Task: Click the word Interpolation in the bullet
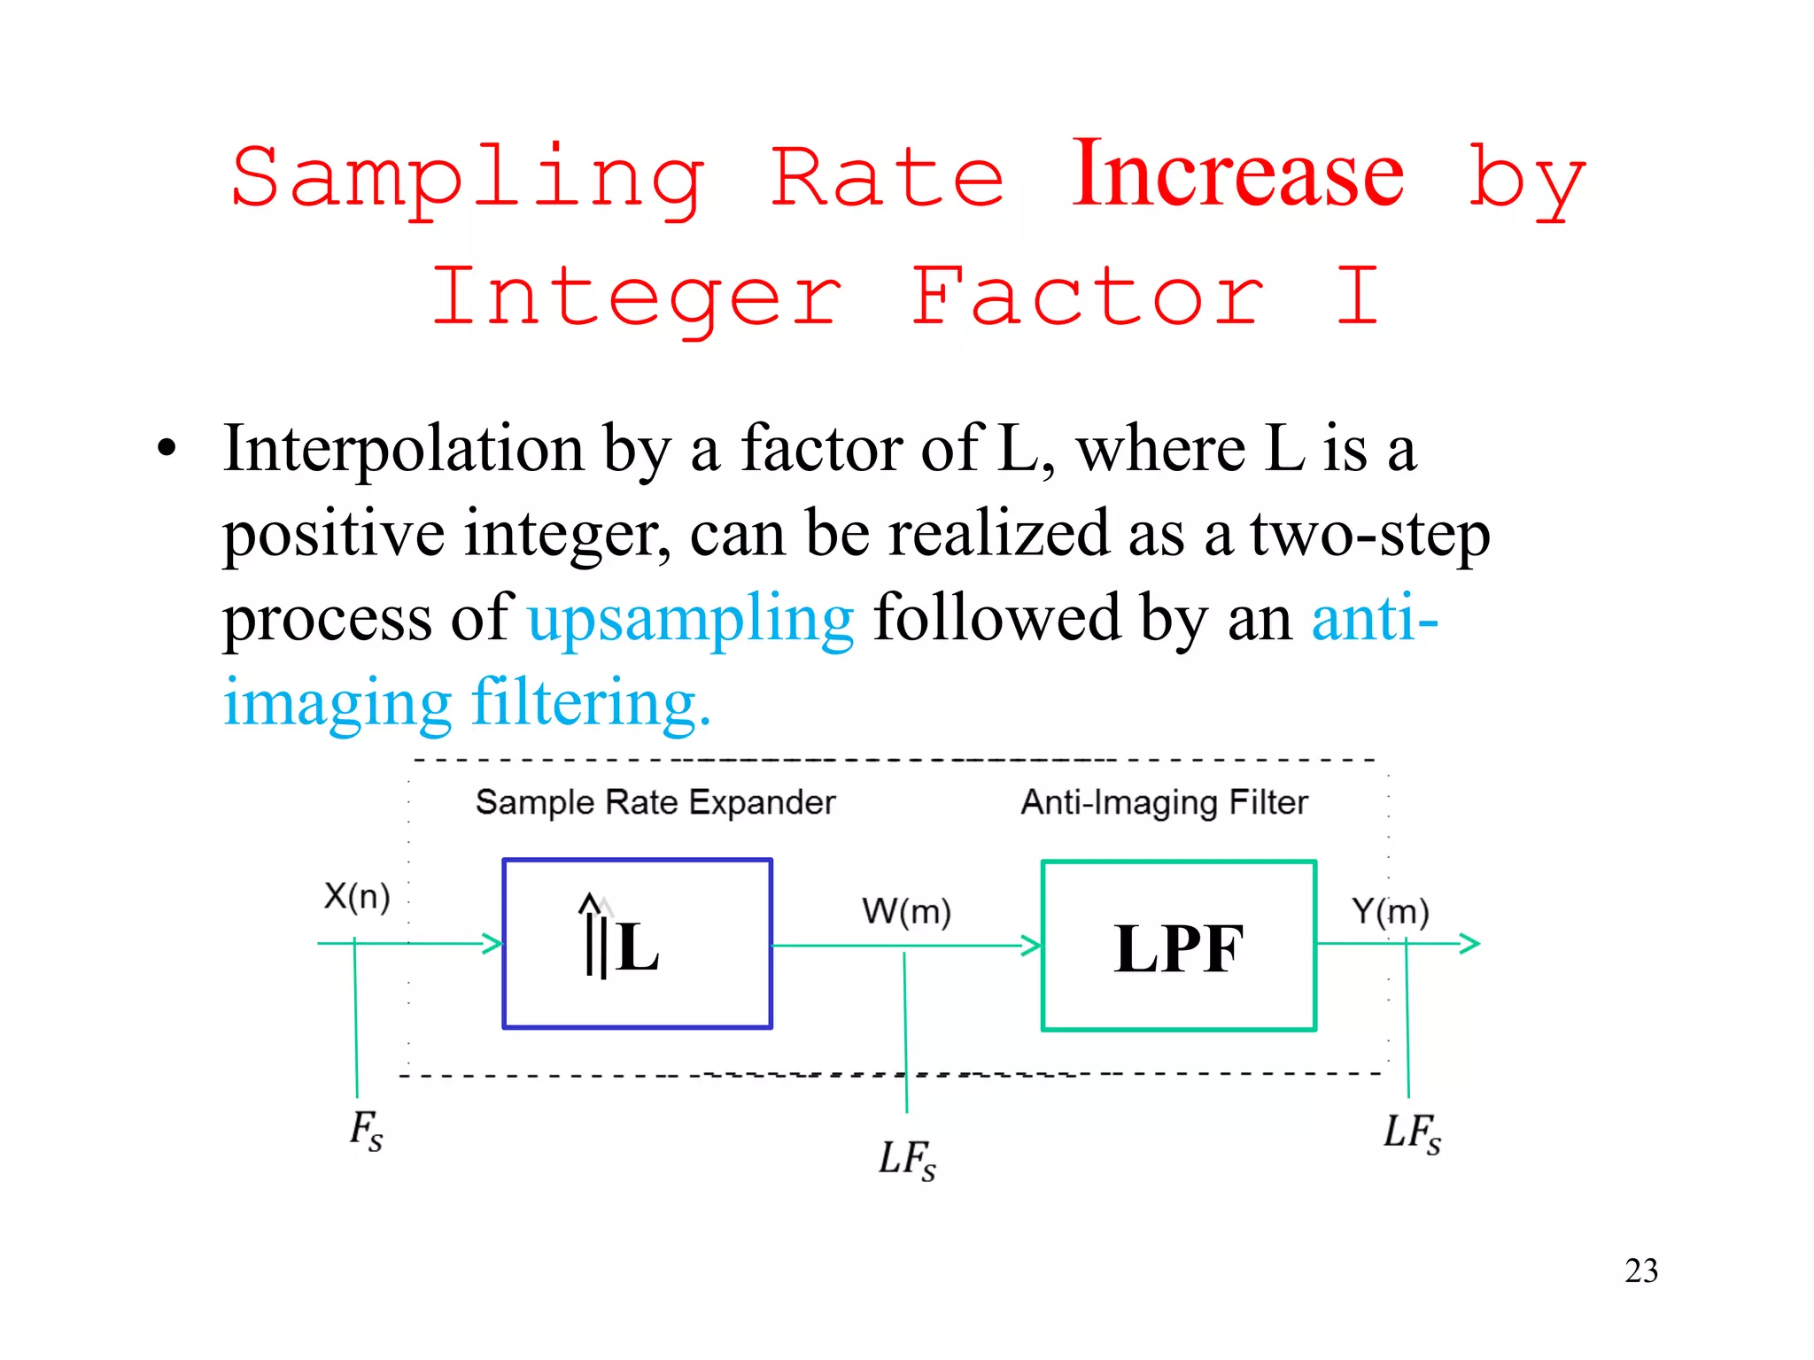coord(403,449)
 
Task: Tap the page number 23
coord(1640,1271)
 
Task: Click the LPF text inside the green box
coord(1178,948)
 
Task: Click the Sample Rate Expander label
coord(655,802)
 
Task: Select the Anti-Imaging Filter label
coord(1164,802)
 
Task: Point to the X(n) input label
coord(357,896)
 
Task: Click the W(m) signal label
coord(906,911)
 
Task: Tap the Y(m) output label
coord(1390,911)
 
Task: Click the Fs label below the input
coord(366,1131)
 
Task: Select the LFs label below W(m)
coord(906,1159)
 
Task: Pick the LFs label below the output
coord(1412,1132)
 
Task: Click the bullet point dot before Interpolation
coord(167,448)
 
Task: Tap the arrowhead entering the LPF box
coord(1031,946)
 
